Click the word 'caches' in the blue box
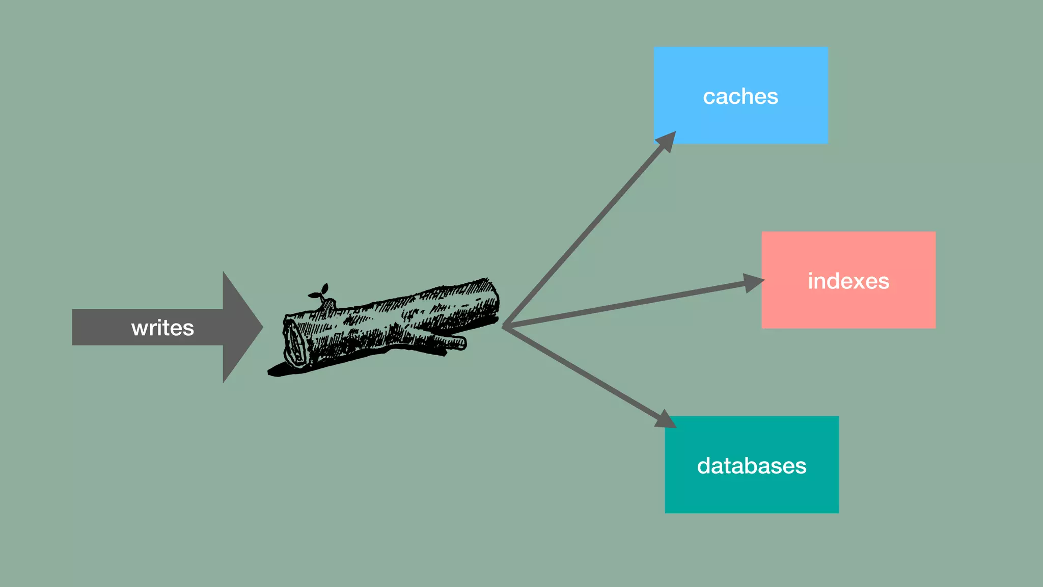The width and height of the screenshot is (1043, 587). pyautogui.click(x=740, y=97)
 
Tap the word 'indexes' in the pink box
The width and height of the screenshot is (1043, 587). pyautogui.click(x=848, y=281)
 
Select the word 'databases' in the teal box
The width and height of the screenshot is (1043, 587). pyautogui.click(x=752, y=466)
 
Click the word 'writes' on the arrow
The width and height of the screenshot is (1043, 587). pyautogui.click(x=162, y=328)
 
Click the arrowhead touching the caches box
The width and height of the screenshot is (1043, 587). pyautogui.click(x=666, y=141)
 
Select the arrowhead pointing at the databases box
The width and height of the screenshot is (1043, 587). pyautogui.click(x=665, y=419)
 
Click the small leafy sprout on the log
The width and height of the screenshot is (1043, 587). pyautogui.click(x=319, y=292)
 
